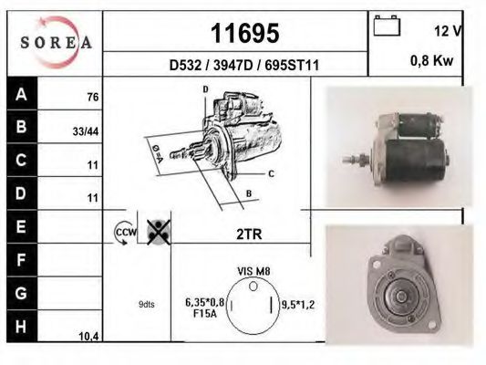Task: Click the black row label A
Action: click(x=19, y=93)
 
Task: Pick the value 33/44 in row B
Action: click(x=86, y=130)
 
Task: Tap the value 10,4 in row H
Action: click(x=89, y=337)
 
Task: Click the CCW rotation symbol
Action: click(x=123, y=234)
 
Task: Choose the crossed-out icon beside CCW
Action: click(x=159, y=232)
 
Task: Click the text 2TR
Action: click(x=249, y=235)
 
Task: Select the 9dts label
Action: click(x=146, y=304)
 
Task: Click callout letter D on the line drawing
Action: click(x=205, y=89)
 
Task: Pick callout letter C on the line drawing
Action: click(x=272, y=172)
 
